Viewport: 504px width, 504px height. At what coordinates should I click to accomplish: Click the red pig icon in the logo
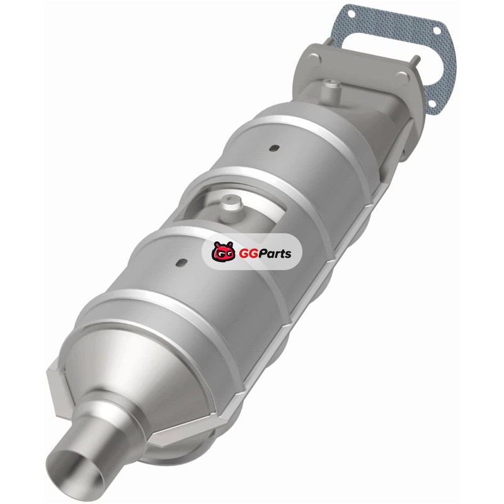tap(223, 251)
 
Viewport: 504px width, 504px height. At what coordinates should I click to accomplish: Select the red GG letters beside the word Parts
tap(246, 254)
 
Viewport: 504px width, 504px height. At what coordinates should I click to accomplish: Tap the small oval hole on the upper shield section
tap(274, 148)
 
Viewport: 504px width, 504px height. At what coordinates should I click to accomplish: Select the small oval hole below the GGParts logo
tap(181, 262)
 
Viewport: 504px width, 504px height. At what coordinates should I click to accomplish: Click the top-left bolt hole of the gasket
tap(352, 14)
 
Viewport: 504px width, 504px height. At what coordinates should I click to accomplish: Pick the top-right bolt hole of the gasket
tap(437, 30)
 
